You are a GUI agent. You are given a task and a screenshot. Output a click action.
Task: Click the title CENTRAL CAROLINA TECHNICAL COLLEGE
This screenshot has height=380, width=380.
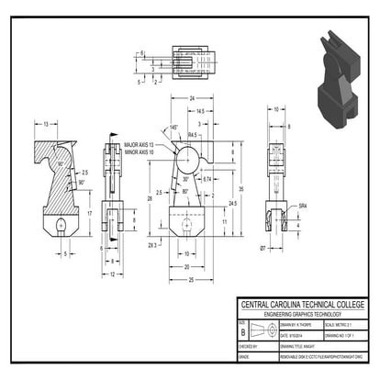[x=302, y=305]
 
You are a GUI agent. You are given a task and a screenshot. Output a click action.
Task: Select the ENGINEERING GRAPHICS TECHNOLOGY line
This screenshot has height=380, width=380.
[x=302, y=315]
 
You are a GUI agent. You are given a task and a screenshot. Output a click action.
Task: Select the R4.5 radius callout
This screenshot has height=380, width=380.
[x=194, y=135]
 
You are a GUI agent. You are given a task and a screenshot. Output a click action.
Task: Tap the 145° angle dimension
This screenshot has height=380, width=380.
[x=173, y=128]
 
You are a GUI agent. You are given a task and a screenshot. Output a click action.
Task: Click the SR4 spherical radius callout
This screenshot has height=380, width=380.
[x=302, y=207]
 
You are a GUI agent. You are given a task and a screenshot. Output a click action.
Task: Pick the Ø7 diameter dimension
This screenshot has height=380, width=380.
[x=263, y=249]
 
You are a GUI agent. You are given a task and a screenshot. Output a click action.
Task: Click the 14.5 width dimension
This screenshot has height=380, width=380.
[x=200, y=111]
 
